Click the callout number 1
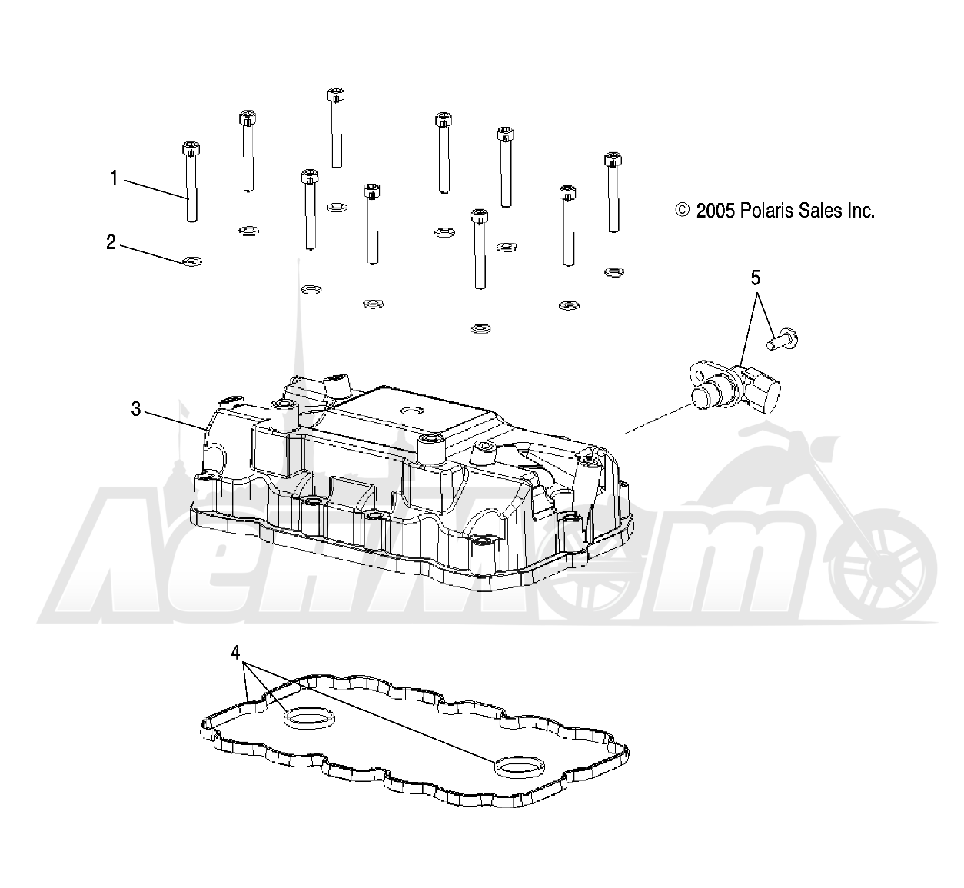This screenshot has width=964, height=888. pyautogui.click(x=114, y=178)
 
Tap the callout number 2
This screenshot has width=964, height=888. pyautogui.click(x=111, y=242)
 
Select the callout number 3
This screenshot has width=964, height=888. pyautogui.click(x=136, y=409)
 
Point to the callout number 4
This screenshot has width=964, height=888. pyautogui.click(x=235, y=653)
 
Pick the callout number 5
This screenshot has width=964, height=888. pyautogui.click(x=756, y=278)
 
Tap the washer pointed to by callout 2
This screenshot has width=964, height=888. pyautogui.click(x=192, y=261)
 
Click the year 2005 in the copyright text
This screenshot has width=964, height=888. pyautogui.click(x=716, y=211)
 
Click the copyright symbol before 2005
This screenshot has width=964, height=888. pyautogui.click(x=682, y=210)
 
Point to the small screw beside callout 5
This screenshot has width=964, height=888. pyautogui.click(x=781, y=338)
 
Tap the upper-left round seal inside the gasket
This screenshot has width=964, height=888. pyautogui.click(x=310, y=718)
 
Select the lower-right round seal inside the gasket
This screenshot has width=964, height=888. pyautogui.click(x=520, y=767)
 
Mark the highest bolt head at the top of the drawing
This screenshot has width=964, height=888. pyautogui.click(x=335, y=95)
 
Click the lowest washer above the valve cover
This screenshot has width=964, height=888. pyautogui.click(x=480, y=329)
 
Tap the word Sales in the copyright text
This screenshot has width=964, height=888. pyautogui.click(x=819, y=211)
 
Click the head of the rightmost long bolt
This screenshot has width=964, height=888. pyautogui.click(x=613, y=160)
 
